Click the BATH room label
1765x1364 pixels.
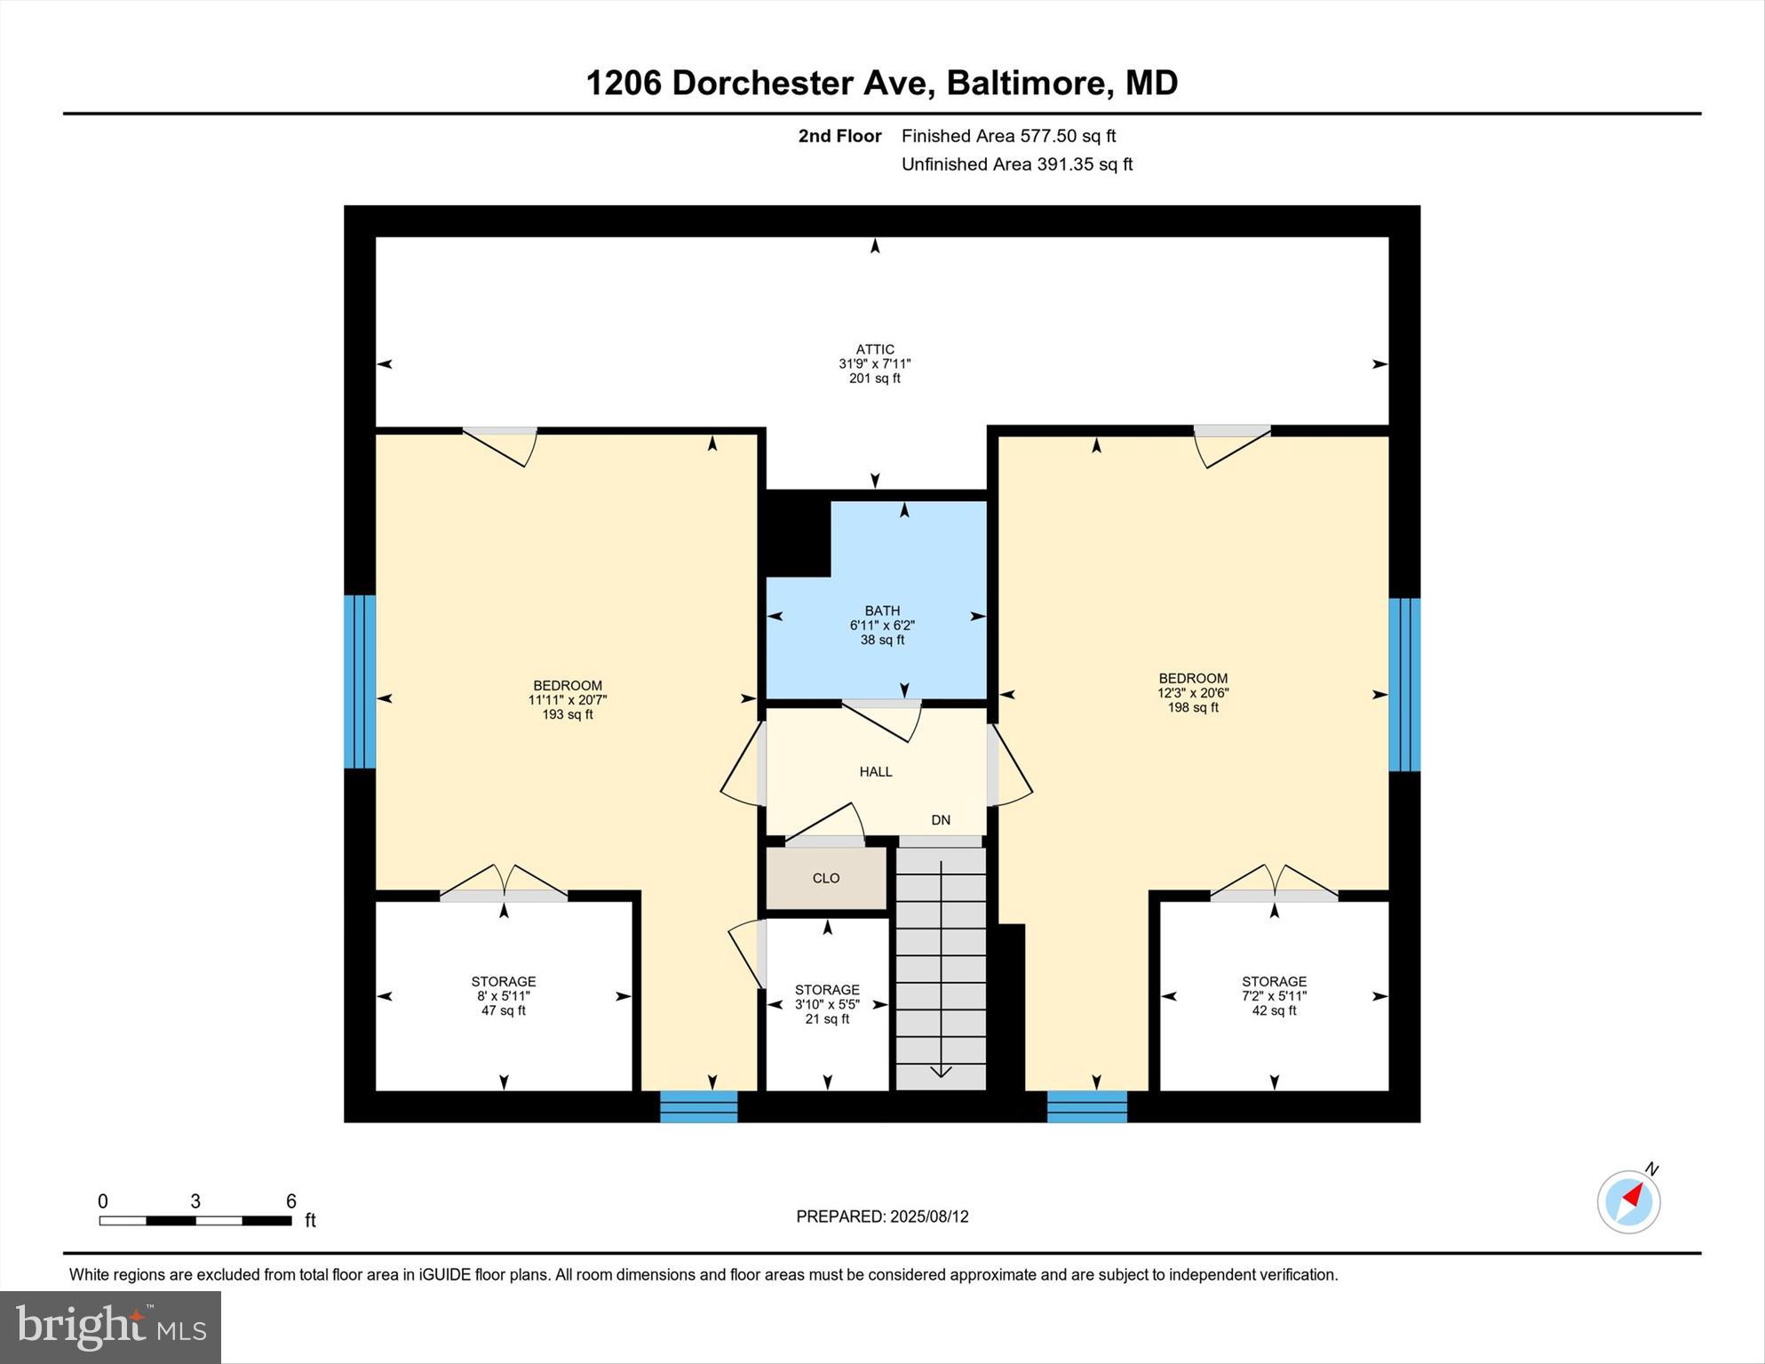882,610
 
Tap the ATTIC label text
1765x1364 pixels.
875,349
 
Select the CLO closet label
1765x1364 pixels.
826,878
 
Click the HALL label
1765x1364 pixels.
876,771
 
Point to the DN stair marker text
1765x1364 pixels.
941,820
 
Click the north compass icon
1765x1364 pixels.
1629,1201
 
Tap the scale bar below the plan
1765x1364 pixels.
195,1221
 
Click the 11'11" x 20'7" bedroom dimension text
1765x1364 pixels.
568,700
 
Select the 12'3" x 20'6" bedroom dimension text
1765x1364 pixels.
1193,693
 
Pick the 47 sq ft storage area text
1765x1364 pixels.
504,1010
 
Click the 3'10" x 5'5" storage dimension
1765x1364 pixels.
827,1004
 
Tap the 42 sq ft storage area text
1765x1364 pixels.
1274,1010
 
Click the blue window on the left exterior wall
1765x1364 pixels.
360,681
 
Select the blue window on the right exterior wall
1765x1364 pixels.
1404,684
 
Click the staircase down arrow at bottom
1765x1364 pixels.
941,1071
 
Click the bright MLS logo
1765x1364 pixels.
111,1328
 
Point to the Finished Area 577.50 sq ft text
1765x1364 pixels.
1008,136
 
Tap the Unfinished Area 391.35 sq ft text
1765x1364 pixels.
1016,164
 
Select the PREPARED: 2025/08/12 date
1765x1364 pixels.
882,1216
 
